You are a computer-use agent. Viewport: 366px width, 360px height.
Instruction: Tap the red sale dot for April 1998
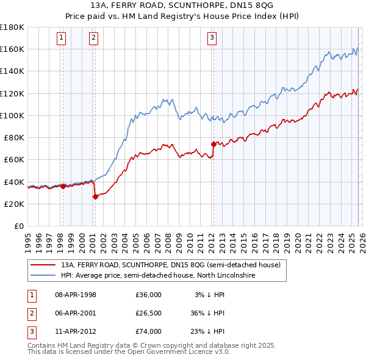[63, 186]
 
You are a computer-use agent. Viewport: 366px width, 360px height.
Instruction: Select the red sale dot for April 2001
[95, 196]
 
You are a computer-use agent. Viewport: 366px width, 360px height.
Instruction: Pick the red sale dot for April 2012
[213, 144]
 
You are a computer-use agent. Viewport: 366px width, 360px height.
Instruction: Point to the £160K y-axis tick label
[12, 49]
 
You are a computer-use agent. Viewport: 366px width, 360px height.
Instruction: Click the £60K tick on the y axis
[14, 159]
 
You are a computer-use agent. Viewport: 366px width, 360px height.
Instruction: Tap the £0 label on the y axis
[18, 226]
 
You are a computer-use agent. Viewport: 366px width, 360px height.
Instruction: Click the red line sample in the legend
[43, 265]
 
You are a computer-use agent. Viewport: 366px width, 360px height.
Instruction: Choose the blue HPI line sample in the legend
[43, 276]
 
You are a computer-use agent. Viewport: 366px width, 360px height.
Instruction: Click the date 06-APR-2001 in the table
[76, 313]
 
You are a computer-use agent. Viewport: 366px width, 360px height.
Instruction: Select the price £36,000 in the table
[148, 295]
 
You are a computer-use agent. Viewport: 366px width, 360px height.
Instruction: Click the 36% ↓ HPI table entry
[207, 313]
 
